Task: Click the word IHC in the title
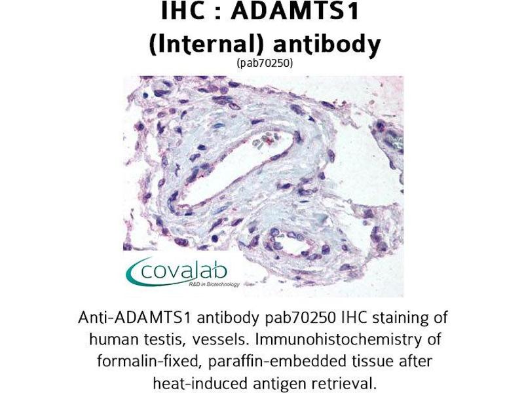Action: coord(183,10)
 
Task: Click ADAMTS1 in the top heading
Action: coord(295,10)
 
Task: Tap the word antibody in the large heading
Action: coord(327,45)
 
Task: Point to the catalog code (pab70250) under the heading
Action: coord(265,63)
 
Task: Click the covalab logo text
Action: coord(184,271)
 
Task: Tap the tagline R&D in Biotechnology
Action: coord(214,285)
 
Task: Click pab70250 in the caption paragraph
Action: coord(300,318)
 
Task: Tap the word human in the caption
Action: coord(109,340)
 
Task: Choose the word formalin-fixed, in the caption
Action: coord(150,362)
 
